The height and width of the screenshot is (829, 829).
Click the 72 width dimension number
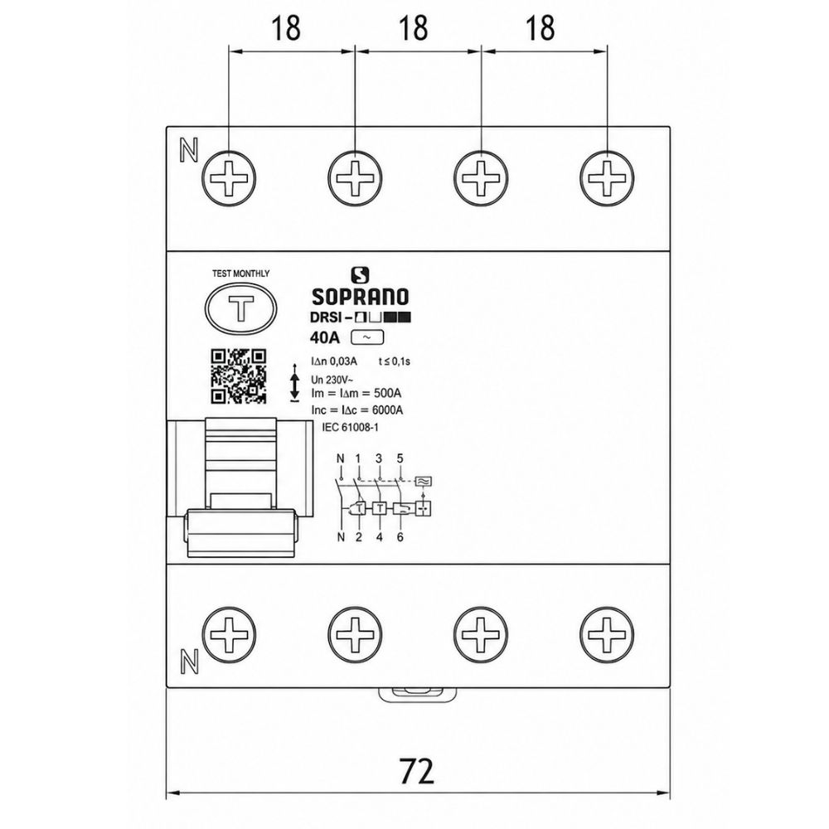click(417, 771)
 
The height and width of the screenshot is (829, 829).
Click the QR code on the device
click(239, 376)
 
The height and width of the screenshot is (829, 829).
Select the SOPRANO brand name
click(360, 297)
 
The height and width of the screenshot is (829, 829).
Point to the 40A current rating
click(324, 337)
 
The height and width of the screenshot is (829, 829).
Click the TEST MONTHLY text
click(240, 274)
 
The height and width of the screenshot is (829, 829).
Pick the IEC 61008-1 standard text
click(350, 427)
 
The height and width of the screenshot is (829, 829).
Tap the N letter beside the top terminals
click(189, 150)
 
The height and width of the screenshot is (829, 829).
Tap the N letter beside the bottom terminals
click(189, 661)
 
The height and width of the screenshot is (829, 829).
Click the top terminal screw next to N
click(229, 177)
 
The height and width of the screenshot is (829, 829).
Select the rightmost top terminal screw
click(607, 177)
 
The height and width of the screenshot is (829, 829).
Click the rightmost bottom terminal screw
click(607, 634)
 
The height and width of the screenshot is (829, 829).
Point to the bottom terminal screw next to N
click(229, 634)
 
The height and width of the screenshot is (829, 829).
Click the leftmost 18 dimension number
click(286, 28)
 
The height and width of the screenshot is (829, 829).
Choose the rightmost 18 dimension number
click(541, 28)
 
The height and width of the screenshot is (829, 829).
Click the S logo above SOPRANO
click(360, 275)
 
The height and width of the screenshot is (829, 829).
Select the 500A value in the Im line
click(387, 393)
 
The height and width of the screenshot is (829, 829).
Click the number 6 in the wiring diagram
click(400, 537)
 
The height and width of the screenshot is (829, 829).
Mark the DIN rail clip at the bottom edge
click(418, 695)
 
